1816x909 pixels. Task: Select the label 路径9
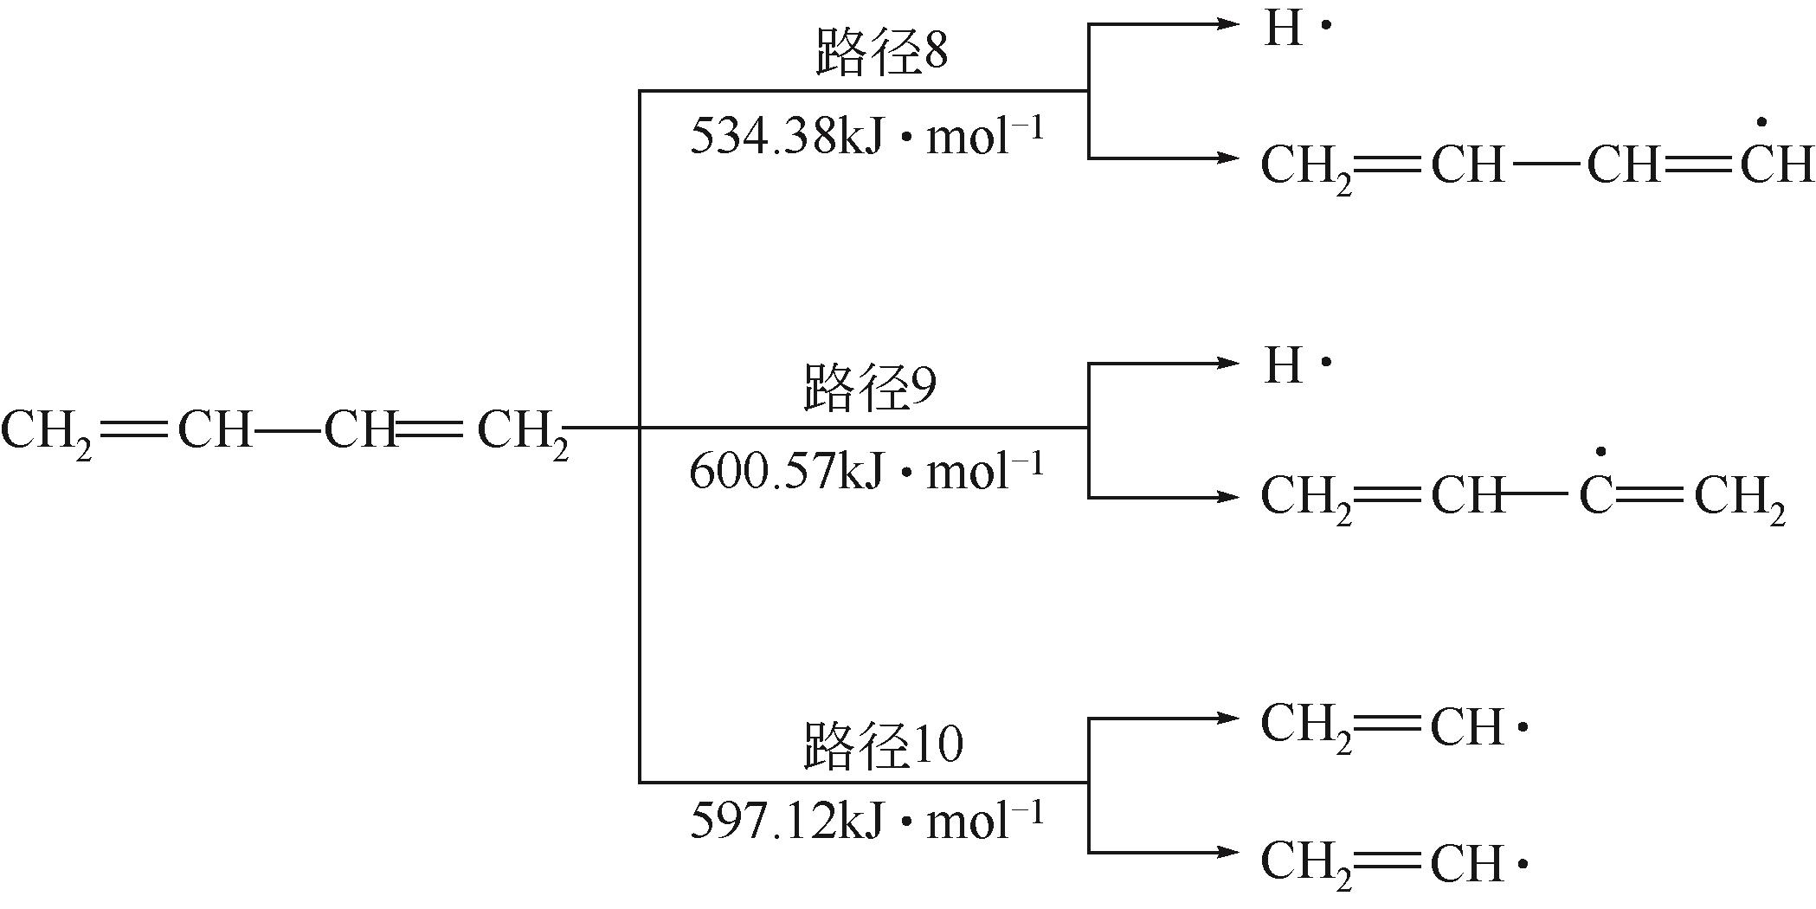pyautogui.click(x=869, y=390)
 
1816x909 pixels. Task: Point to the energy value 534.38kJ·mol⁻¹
pyautogui.click(x=866, y=137)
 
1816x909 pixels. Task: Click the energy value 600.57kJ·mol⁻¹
pyautogui.click(x=866, y=473)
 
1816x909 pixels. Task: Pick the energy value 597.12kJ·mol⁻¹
pyautogui.click(x=866, y=820)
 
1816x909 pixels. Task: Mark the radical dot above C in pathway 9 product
pyautogui.click(x=1600, y=452)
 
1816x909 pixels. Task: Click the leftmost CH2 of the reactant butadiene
pyautogui.click(x=47, y=430)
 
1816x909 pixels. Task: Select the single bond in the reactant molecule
pyautogui.click(x=288, y=429)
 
